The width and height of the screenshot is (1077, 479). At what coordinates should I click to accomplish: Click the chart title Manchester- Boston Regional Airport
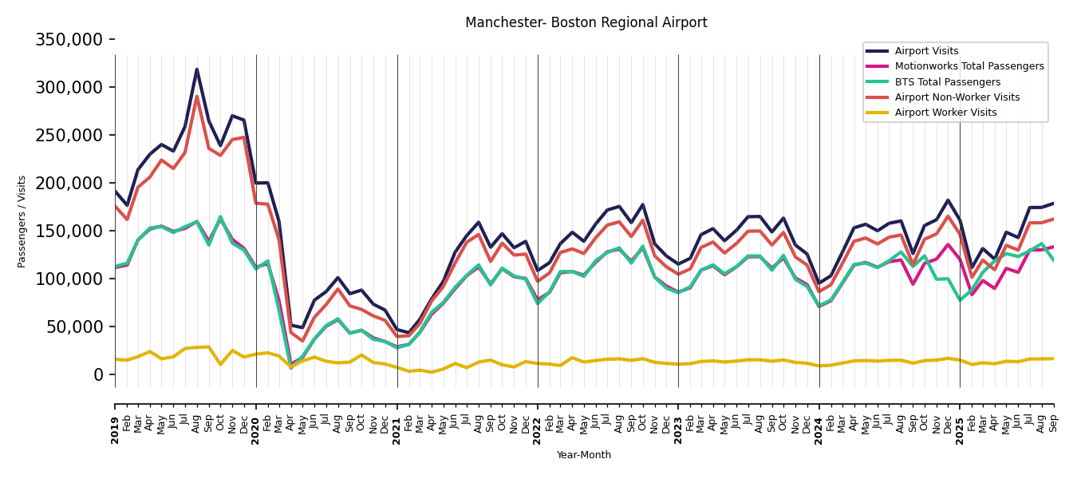586,22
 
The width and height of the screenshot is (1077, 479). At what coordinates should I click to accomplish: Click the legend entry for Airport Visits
926,51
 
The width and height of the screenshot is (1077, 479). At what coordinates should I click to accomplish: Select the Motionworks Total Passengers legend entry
969,66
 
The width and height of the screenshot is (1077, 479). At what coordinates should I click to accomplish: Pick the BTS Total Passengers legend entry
947,82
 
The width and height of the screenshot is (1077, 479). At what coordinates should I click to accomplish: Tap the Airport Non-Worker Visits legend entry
957,97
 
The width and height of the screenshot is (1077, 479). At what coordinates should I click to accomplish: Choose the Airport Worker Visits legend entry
945,113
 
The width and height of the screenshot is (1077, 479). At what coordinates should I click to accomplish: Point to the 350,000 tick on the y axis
69,40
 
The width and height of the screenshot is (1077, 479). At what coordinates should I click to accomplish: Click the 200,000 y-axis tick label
69,184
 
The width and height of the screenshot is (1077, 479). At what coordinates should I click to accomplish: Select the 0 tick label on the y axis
98,375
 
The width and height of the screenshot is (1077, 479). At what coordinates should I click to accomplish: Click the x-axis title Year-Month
584,455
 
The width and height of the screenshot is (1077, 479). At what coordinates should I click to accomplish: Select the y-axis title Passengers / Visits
22,221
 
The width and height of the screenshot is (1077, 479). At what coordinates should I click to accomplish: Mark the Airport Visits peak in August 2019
197,69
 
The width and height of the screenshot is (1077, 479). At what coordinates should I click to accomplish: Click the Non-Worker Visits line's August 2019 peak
197,97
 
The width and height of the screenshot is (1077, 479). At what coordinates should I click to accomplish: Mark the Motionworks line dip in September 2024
913,284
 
